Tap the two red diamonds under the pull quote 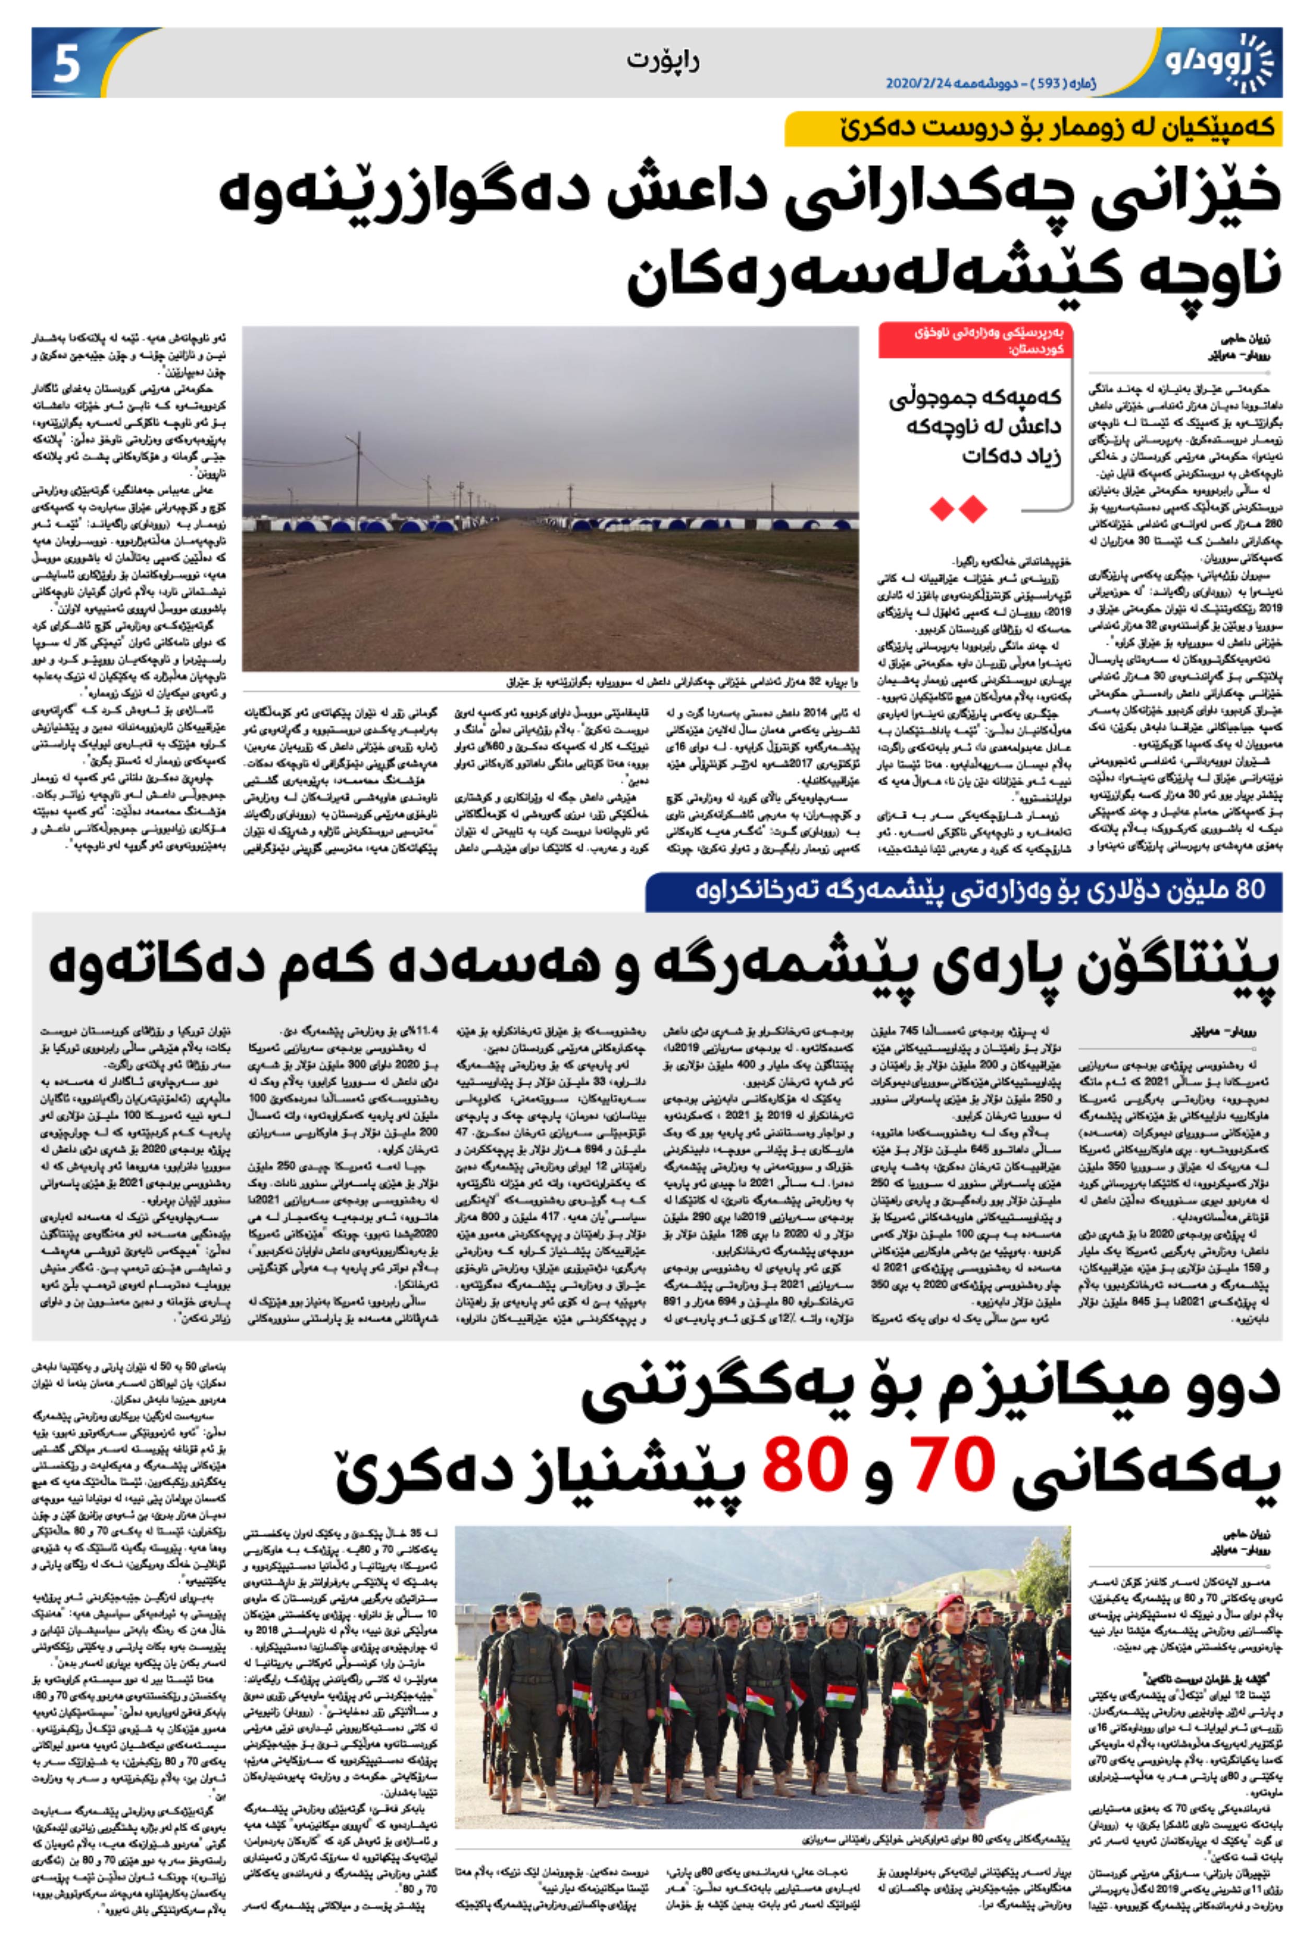(x=958, y=508)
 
